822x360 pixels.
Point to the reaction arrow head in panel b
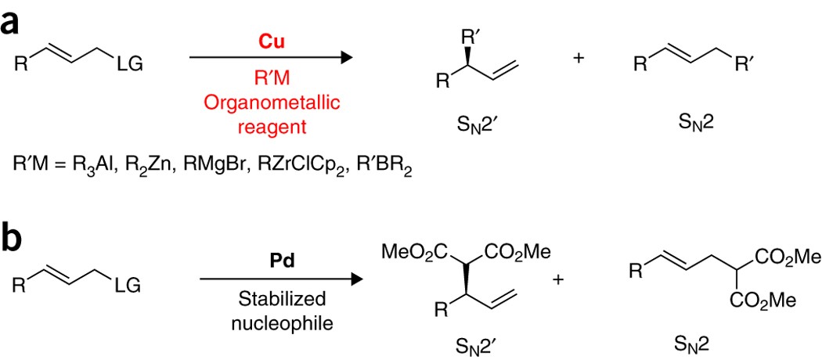coord(359,279)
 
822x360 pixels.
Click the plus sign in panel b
coord(558,279)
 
